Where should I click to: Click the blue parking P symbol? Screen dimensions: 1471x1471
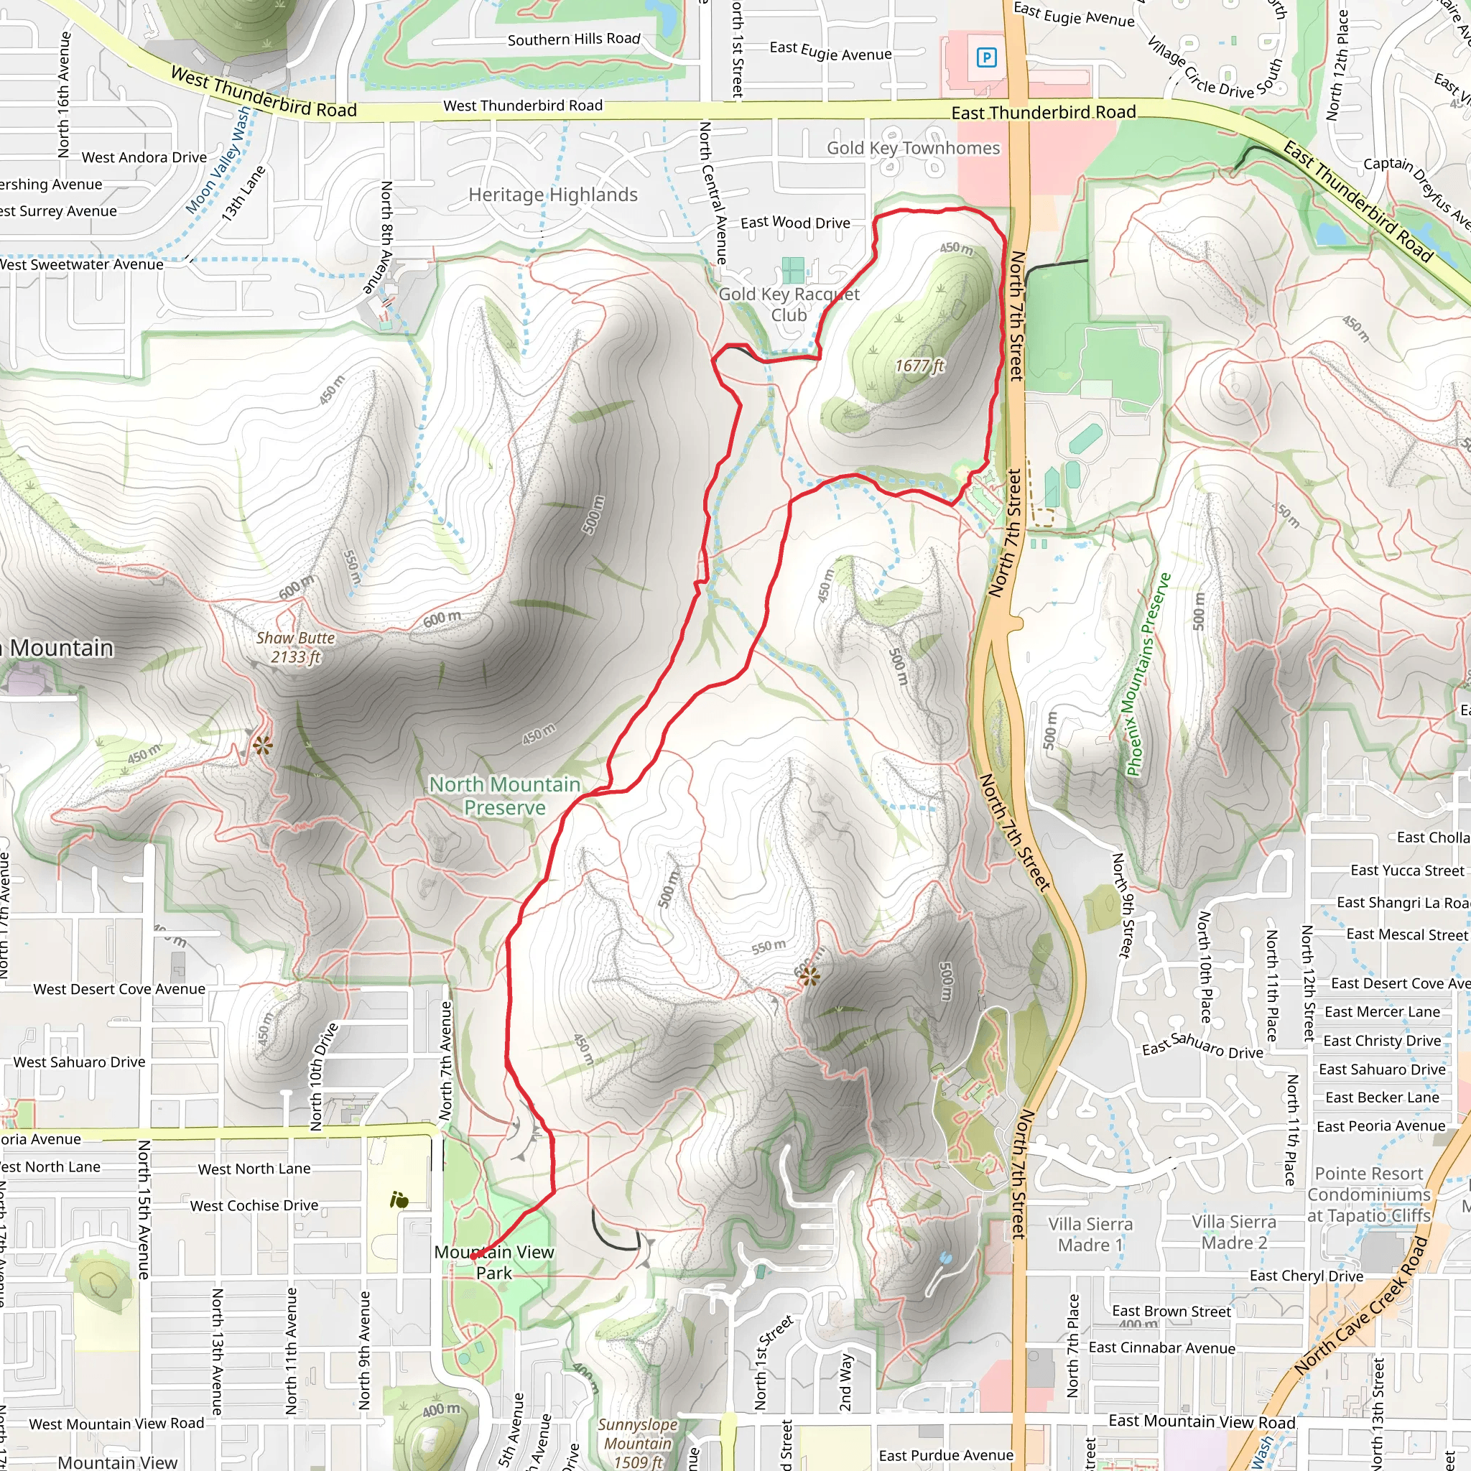pos(986,57)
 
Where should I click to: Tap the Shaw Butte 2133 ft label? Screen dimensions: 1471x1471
pos(295,648)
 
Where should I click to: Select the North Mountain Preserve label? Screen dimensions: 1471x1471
pos(505,796)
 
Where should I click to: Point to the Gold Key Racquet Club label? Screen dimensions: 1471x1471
pos(789,305)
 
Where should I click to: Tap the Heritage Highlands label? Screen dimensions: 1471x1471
pos(553,195)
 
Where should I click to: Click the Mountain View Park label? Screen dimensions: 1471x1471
pos(494,1263)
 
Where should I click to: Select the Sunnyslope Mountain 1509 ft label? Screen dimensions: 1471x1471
pos(637,1443)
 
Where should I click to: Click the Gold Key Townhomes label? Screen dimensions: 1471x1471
pos(913,149)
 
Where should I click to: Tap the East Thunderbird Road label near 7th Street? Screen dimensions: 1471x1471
pos(1043,113)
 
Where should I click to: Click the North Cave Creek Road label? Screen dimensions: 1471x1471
pos(1360,1307)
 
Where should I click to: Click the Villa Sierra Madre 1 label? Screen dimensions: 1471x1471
pos(1090,1234)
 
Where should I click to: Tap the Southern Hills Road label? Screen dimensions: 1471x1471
pos(574,40)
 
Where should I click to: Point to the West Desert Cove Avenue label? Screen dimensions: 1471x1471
pos(119,989)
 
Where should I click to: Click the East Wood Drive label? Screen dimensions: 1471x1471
pos(795,223)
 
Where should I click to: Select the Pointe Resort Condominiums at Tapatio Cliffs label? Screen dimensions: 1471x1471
pos(1369,1194)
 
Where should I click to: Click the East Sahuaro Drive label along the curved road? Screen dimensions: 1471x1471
pos(1202,1045)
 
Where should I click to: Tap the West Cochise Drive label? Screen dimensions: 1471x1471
pos(254,1205)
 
